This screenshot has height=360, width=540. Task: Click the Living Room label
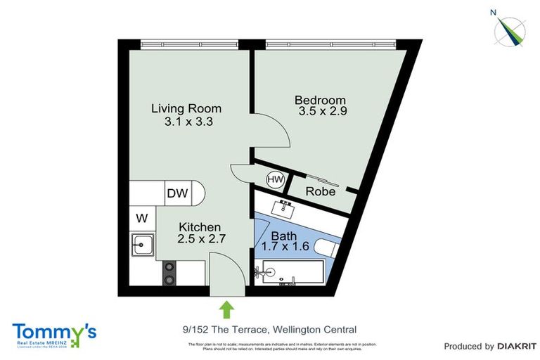click(186, 108)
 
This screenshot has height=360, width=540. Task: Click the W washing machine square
click(141, 217)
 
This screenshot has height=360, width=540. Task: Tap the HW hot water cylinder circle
click(275, 180)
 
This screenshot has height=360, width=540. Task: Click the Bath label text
click(285, 236)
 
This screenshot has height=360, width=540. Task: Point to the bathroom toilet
click(326, 248)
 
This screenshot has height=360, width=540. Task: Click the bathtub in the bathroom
click(290, 271)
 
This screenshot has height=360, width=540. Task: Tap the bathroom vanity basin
click(287, 207)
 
